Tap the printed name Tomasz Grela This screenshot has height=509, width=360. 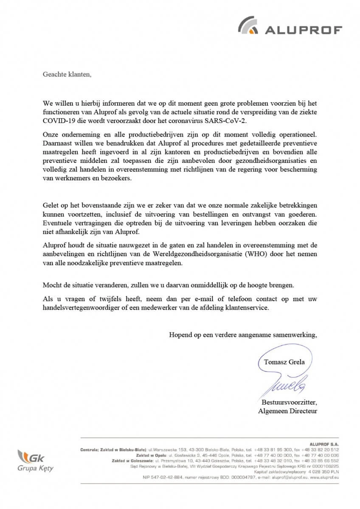[284, 362]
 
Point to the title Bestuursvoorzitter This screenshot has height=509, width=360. [289, 402]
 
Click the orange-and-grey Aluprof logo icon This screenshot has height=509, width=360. [250, 25]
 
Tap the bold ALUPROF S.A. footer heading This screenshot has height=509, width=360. [325, 444]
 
